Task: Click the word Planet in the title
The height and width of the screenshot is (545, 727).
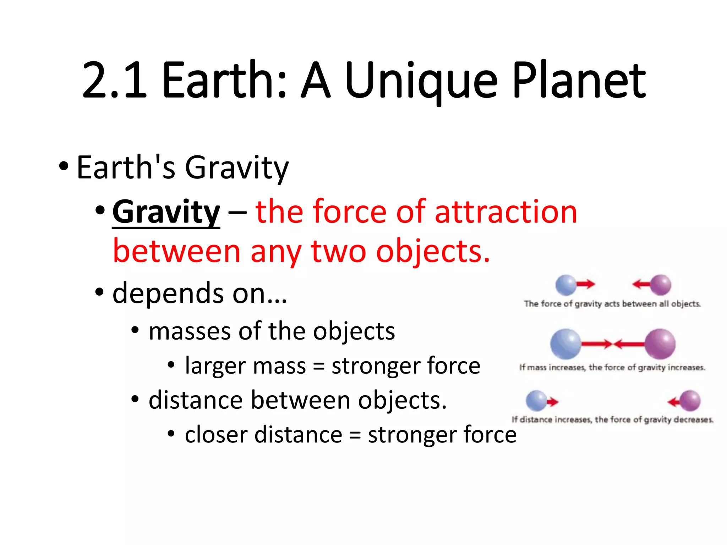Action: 579,81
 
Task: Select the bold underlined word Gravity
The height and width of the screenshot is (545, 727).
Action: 166,212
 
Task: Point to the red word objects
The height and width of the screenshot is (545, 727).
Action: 433,251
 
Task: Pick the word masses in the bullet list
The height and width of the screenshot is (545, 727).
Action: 188,331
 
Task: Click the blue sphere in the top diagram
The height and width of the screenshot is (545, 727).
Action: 566,285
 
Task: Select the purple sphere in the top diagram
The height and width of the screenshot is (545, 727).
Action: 661,285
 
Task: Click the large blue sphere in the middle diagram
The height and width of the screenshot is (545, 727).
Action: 565,344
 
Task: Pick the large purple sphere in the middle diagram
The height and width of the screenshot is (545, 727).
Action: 660,344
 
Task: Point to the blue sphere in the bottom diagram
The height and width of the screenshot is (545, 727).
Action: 536,401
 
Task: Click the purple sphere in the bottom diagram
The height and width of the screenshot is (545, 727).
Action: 690,401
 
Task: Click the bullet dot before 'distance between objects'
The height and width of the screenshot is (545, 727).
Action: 135,399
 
